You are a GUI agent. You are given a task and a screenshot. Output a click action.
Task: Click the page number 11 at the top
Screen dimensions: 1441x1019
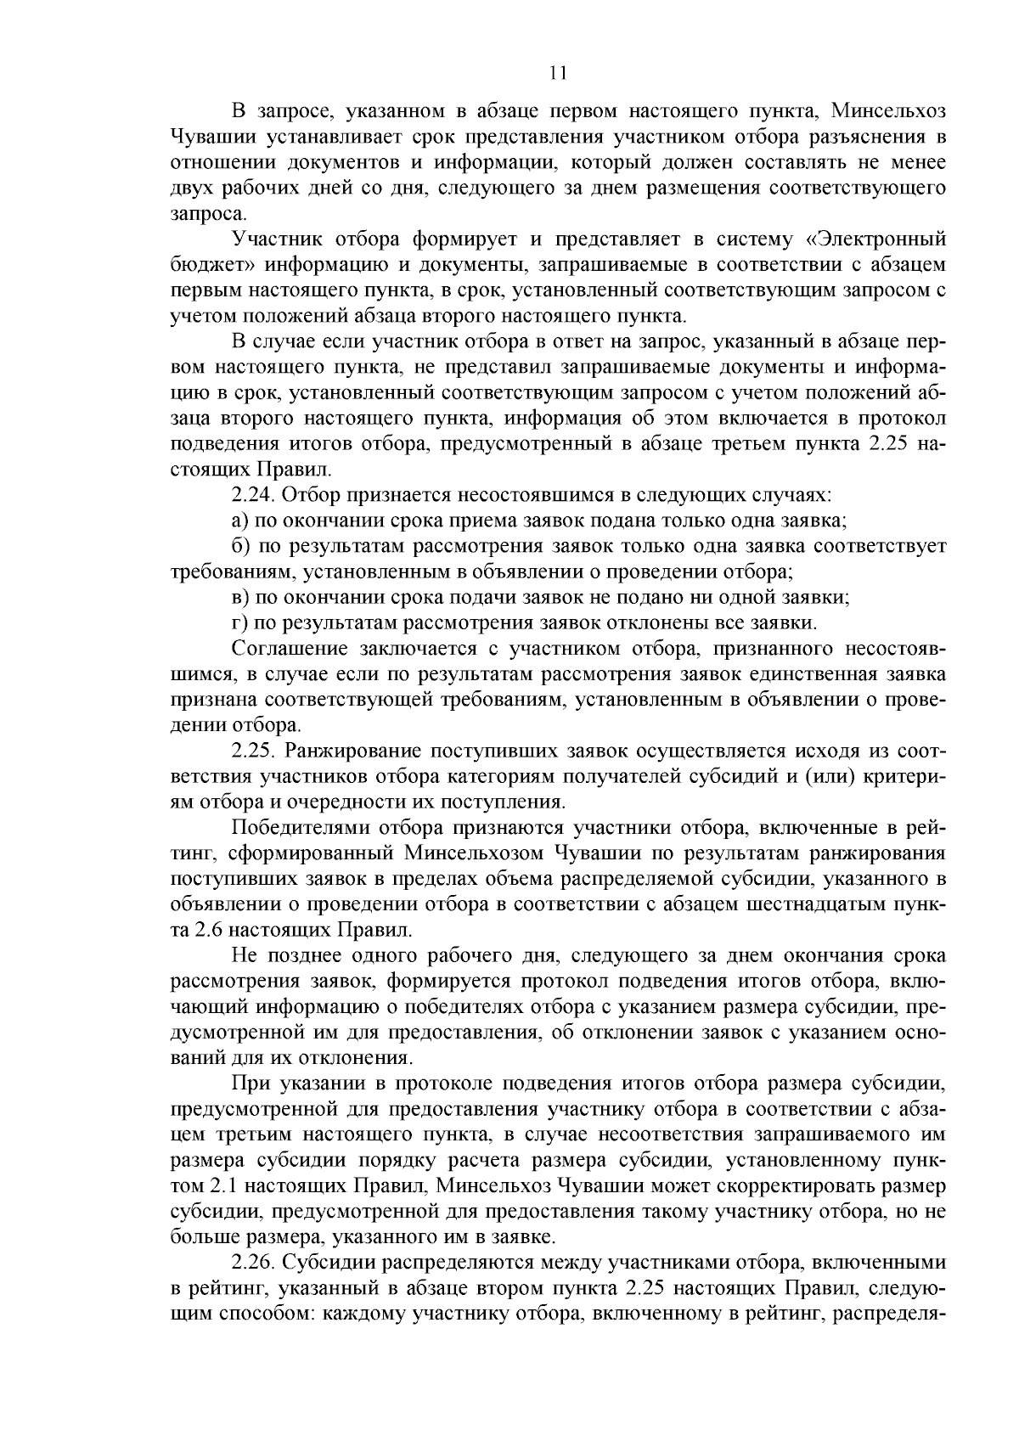click(x=558, y=73)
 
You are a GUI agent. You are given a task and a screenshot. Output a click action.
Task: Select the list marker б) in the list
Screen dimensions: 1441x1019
click(x=239, y=545)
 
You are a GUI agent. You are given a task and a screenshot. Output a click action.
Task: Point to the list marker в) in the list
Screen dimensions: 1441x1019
click(x=239, y=597)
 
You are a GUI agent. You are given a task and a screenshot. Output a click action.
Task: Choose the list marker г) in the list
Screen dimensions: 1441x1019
click(x=239, y=622)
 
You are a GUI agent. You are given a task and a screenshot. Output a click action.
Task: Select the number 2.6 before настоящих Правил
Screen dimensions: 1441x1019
click(x=210, y=929)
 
